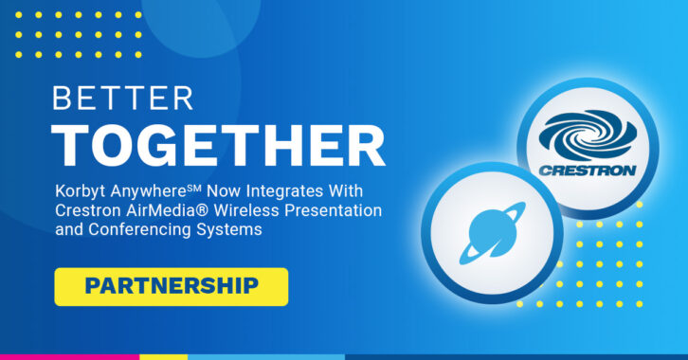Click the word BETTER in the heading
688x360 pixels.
click(x=123, y=99)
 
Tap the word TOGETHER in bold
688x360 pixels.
click(x=219, y=146)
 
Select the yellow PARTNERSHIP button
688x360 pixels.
click(x=172, y=287)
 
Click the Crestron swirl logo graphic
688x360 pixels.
click(x=588, y=135)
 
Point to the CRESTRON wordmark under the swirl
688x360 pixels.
click(x=588, y=171)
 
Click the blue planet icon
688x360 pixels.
click(x=492, y=233)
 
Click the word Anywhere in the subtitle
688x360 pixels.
click(x=148, y=192)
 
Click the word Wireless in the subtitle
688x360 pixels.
click(x=246, y=210)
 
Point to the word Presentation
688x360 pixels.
click(x=333, y=211)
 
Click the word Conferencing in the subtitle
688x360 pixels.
click(x=140, y=230)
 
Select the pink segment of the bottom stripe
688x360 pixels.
click(x=70, y=357)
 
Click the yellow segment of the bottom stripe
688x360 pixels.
click(x=164, y=357)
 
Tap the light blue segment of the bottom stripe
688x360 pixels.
click(x=266, y=357)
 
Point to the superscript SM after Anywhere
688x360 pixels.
click(x=193, y=189)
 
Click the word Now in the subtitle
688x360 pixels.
click(x=225, y=191)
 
